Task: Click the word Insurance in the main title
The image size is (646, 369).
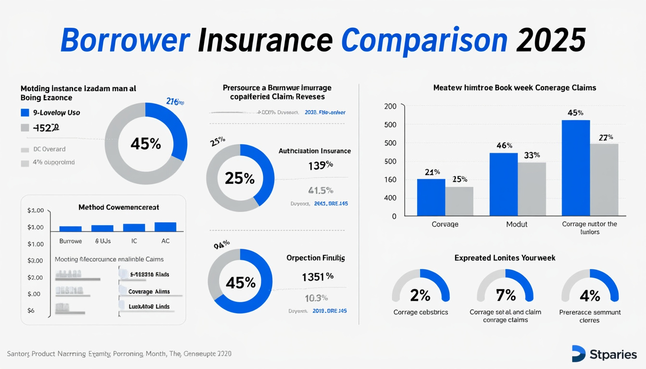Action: pos(265,40)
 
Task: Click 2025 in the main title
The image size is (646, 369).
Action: pos(551,40)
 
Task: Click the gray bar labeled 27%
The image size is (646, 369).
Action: pos(604,179)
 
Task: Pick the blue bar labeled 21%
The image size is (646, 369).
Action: pos(431,197)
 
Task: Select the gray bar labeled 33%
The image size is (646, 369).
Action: pos(532,189)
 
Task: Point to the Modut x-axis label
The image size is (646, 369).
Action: pos(517,224)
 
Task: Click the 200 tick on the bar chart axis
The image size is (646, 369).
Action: pos(390,106)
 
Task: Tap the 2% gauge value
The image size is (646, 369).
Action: pos(420,295)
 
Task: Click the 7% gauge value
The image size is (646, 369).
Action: pos(505,295)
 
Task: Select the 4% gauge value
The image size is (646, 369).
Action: pos(590,295)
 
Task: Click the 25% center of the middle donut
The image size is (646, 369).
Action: pos(240,178)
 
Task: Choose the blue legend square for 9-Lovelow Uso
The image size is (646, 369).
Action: pos(25,113)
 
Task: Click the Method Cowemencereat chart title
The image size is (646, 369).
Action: pos(119,207)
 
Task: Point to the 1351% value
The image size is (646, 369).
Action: pos(317,277)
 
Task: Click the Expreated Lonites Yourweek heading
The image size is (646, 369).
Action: pos(505,258)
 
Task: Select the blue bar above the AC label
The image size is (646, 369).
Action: pos(165,227)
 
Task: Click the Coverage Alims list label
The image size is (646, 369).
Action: pos(149,292)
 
